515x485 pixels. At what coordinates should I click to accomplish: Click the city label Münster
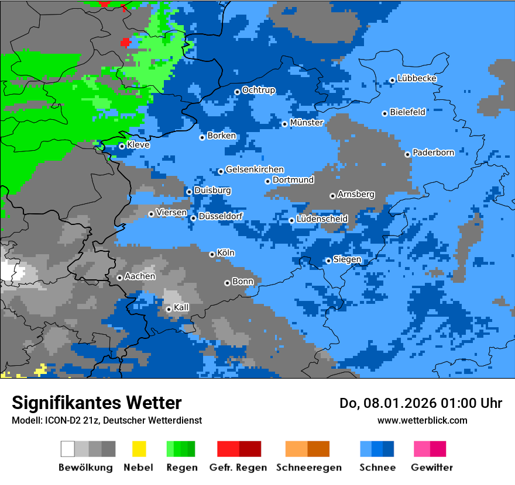coord(307,123)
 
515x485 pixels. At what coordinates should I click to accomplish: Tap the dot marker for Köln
coord(212,254)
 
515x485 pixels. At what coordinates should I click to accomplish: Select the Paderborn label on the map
coord(433,153)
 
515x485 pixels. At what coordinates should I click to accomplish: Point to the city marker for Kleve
coord(122,146)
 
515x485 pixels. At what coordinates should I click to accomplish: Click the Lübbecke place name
coord(417,78)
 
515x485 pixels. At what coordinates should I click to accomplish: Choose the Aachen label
coord(140,276)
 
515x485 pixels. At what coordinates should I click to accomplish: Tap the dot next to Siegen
coord(328,261)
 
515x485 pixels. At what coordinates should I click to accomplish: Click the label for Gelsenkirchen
coord(255,169)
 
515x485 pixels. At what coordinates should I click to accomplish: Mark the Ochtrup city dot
coord(237,92)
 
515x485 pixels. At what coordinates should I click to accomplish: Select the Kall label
coord(181,307)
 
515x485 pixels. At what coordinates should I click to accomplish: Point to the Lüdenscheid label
coord(322,219)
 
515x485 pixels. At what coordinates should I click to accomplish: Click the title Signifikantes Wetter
coord(97,403)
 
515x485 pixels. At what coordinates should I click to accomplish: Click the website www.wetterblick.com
coord(422,420)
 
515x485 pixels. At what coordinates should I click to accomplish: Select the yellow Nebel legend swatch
coord(139,449)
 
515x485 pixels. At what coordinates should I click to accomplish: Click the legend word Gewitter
coord(431,467)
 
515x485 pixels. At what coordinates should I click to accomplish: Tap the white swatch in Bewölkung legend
coord(68,449)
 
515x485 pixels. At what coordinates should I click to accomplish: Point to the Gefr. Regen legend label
coord(238,467)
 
